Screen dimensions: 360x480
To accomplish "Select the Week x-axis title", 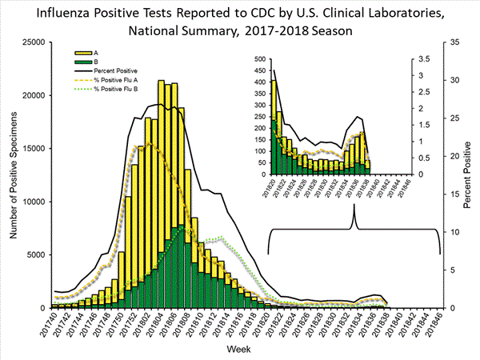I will point(242,350).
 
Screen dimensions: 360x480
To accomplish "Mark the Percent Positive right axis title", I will point(468,174).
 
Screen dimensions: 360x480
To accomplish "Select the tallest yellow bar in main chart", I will point(162,192).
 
